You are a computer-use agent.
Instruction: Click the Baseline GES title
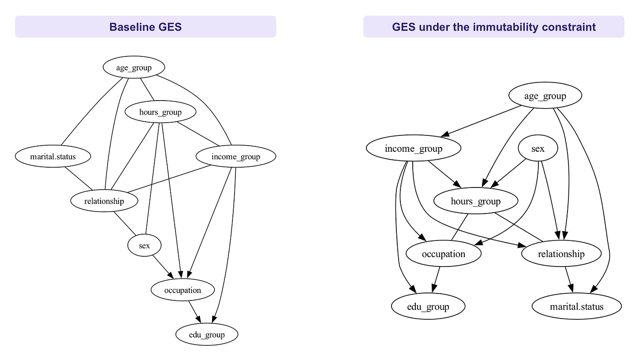point(146,27)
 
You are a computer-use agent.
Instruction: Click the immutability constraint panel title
point(493,27)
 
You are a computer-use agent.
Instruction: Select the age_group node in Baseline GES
point(134,67)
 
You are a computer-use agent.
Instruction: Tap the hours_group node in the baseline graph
point(160,112)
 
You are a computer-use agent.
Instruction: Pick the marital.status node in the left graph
point(53,156)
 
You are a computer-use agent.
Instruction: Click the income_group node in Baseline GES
point(236,156)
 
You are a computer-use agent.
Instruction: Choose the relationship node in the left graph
point(105,201)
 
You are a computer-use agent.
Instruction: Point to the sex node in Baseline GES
point(145,245)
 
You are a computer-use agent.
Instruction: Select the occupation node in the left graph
point(183,290)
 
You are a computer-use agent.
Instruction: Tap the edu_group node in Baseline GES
point(207,334)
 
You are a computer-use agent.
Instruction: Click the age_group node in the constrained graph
point(545,96)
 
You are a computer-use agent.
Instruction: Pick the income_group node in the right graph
point(414,148)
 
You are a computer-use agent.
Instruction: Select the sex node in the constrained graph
point(538,148)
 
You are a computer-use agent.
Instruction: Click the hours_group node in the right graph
point(476,201)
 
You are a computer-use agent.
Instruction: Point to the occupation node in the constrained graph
point(444,254)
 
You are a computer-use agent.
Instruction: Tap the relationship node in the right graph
point(561,254)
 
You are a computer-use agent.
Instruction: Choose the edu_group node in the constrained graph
point(428,306)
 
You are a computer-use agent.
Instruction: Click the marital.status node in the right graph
point(577,306)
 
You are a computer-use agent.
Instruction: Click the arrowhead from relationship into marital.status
point(571,288)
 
